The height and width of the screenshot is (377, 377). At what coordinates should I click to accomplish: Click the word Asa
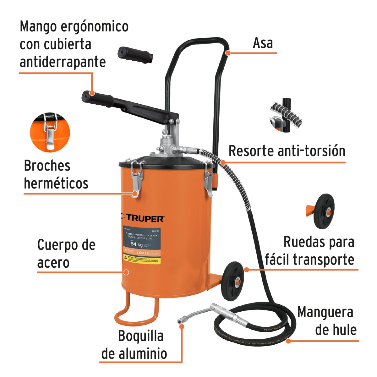click(263, 43)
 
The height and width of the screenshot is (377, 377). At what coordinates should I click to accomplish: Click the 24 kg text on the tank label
click(136, 244)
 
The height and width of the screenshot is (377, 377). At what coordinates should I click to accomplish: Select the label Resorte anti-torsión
click(287, 151)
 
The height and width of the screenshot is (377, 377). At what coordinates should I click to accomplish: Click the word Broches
click(47, 166)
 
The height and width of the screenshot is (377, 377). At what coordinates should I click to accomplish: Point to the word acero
click(53, 263)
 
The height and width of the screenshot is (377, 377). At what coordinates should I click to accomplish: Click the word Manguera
click(325, 312)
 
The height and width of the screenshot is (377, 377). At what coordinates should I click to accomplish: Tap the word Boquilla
click(141, 336)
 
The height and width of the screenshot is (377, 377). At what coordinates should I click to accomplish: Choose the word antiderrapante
click(63, 62)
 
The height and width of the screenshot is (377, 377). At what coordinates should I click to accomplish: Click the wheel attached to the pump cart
click(232, 281)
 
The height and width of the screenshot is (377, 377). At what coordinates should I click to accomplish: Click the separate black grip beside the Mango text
click(135, 54)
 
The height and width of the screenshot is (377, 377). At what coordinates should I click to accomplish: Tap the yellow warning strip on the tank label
click(142, 259)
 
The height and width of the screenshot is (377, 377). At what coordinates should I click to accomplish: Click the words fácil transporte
click(309, 260)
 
